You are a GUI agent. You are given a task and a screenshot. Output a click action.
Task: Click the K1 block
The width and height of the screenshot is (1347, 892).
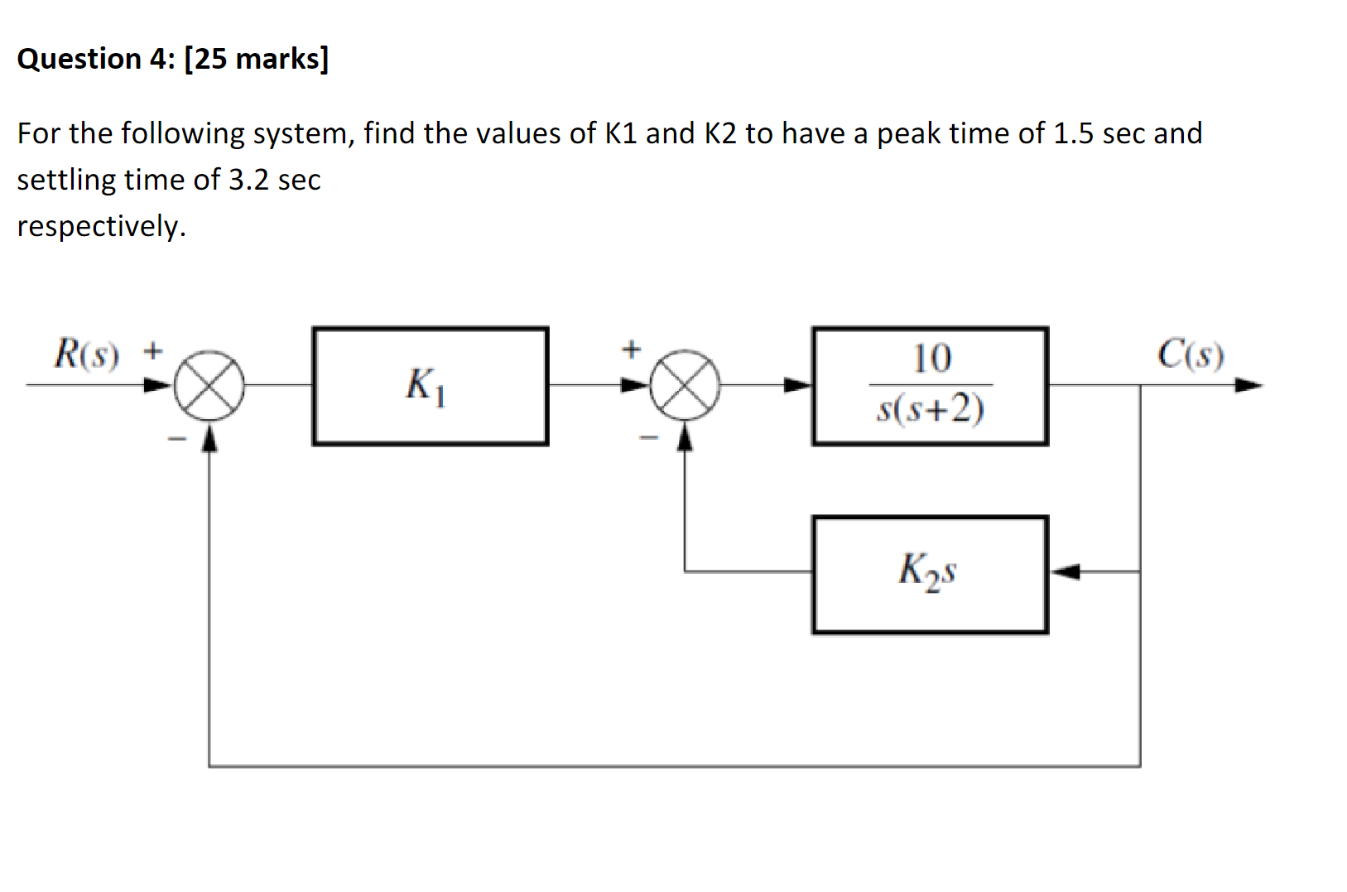pos(430,386)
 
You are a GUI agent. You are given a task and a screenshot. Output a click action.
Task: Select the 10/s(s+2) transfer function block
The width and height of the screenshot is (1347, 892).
pos(930,386)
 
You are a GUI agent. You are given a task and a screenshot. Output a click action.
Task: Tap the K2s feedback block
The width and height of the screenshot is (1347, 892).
pos(930,574)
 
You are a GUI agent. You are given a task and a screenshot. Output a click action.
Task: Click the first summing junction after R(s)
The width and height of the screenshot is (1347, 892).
pos(209,386)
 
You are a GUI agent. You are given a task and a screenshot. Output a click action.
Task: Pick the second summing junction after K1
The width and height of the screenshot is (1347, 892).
pos(684,386)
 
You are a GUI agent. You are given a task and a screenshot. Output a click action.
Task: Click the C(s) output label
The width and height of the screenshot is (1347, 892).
pos(1191,354)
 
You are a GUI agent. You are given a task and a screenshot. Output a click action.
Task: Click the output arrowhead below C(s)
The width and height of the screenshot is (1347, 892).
pos(1248,385)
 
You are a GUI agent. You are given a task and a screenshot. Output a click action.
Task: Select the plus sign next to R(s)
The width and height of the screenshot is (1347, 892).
pos(152,351)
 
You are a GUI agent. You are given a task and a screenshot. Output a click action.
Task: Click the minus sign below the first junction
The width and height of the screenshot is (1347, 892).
pos(176,439)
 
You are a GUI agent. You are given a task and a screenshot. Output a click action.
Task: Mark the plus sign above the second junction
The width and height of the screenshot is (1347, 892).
pos(632,350)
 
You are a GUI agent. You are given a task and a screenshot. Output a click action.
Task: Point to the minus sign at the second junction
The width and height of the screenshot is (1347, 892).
pos(650,437)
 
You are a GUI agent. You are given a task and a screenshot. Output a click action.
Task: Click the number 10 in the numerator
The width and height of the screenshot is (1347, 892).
pos(931,359)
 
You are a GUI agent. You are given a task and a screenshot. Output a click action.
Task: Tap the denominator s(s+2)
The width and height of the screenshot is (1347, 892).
pos(931,408)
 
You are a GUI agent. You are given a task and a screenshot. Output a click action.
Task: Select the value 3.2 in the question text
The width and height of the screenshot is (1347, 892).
pos(248,180)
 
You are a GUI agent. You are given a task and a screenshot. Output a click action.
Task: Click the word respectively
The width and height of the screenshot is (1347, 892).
pos(101,226)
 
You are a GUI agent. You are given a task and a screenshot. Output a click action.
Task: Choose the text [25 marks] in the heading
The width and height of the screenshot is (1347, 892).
pos(257,59)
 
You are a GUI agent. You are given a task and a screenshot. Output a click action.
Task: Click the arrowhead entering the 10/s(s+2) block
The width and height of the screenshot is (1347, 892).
pos(797,385)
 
